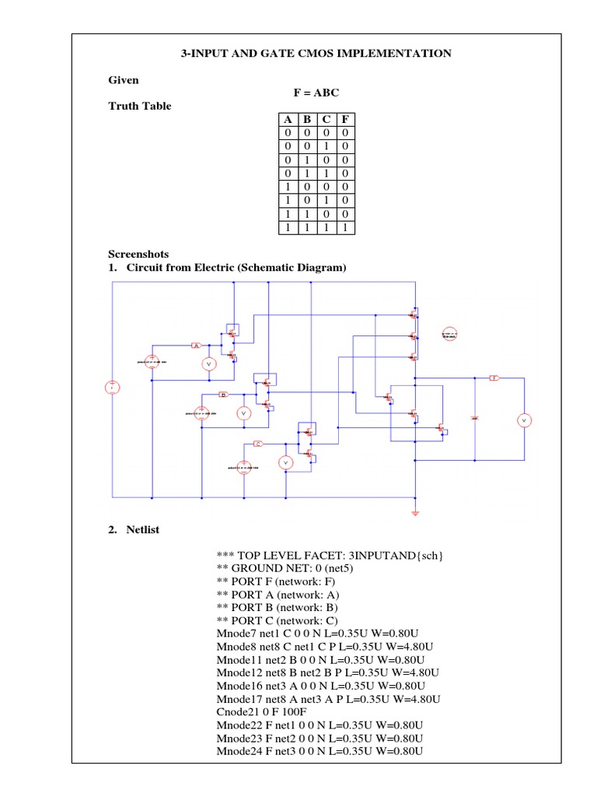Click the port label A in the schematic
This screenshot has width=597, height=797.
(197, 345)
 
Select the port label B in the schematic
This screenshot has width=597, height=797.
(223, 395)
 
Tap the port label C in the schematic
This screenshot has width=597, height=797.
(257, 444)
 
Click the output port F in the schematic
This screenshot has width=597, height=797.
(494, 377)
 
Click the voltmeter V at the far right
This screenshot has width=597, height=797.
(523, 420)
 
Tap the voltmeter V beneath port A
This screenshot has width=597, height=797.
(208, 363)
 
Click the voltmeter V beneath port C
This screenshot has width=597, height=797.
(285, 463)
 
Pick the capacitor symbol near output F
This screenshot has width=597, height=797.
(475, 418)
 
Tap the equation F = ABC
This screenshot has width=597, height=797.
(315, 93)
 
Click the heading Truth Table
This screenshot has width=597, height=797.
(139, 106)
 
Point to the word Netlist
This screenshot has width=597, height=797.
(142, 529)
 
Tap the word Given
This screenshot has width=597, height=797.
(123, 80)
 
